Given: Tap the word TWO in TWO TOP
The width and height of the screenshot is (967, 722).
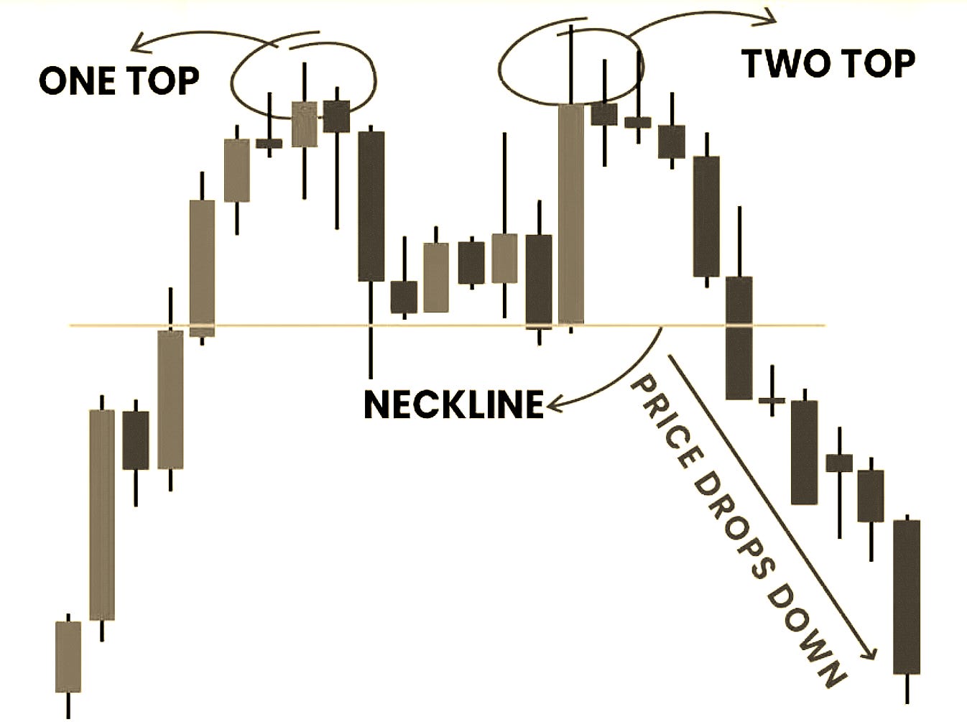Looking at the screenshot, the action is point(780,64).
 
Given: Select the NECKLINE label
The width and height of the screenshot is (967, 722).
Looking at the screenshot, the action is point(453,404).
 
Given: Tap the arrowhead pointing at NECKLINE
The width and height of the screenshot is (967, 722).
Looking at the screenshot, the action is point(553,406).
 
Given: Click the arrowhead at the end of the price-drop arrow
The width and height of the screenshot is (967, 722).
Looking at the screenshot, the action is point(871,652).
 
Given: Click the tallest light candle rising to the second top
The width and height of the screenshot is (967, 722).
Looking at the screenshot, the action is point(571,213).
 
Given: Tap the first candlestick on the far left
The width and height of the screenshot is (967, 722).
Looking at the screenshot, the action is point(68,656).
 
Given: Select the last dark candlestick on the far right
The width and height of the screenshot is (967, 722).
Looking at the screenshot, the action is point(907,596).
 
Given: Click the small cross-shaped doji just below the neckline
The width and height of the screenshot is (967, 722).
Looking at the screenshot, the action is point(772,399).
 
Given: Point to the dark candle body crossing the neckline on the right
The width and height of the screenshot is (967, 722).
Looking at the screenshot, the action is point(739,338).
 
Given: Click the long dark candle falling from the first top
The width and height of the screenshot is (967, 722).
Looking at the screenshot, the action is point(371,206).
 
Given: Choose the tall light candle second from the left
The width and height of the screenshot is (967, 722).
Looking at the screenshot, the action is point(102,514).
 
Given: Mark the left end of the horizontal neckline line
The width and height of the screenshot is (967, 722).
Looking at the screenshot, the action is point(73,325).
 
